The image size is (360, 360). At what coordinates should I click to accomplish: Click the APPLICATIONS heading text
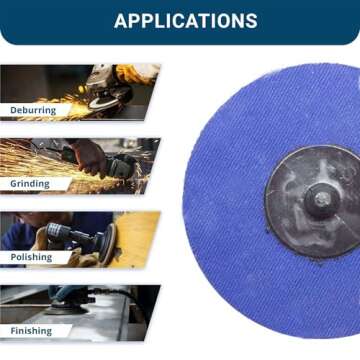click(185, 21)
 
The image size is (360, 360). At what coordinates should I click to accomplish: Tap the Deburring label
click(33, 110)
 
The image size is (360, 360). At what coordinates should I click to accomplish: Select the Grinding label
click(30, 184)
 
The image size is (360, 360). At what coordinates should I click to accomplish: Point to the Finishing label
click(32, 330)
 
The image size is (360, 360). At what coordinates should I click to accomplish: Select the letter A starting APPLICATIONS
click(120, 21)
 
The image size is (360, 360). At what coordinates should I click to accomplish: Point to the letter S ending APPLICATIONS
click(250, 21)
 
